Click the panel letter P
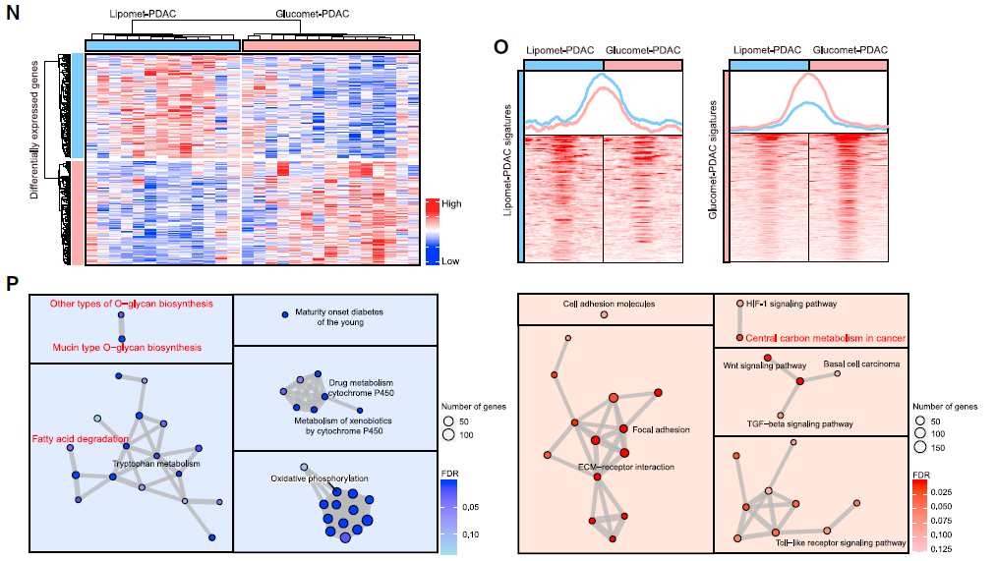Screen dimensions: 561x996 point(12,284)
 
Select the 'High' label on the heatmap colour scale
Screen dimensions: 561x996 point(451,203)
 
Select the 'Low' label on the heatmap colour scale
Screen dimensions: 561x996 point(450,260)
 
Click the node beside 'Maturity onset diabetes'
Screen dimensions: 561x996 point(284,313)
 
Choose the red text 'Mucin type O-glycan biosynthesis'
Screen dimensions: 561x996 point(128,347)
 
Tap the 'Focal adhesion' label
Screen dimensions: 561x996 point(661,429)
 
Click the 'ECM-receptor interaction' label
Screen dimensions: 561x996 point(625,467)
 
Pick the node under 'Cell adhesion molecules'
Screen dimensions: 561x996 point(604,315)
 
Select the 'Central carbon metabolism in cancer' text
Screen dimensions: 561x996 point(825,338)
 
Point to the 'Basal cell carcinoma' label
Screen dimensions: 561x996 point(862,364)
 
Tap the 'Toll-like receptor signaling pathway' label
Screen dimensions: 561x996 point(841,541)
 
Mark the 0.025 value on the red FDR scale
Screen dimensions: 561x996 point(940,489)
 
